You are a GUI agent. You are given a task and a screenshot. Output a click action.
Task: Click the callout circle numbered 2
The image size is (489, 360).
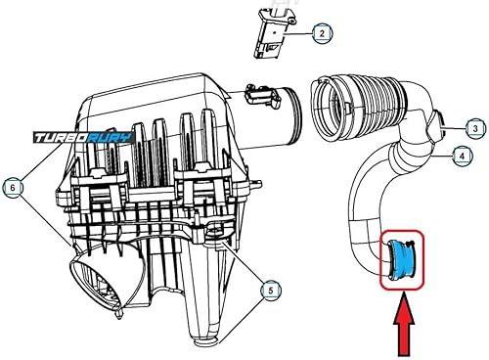(x=322, y=33)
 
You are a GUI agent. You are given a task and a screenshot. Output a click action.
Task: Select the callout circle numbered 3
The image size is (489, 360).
(x=475, y=128)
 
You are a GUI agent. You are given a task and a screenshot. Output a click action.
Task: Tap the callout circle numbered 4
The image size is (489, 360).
(x=462, y=156)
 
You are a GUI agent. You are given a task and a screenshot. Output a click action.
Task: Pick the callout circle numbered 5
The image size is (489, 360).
(x=271, y=290)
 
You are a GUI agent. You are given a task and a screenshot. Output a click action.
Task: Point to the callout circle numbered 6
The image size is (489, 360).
(x=13, y=188)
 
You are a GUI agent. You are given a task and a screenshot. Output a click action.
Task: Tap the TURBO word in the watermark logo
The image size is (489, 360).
(x=60, y=138)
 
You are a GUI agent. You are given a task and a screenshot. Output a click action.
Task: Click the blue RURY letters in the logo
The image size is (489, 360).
(x=110, y=138)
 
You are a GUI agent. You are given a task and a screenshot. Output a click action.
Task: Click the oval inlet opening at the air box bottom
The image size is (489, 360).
(x=95, y=283)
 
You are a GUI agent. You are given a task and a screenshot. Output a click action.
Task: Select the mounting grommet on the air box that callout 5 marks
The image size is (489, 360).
(x=215, y=231)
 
